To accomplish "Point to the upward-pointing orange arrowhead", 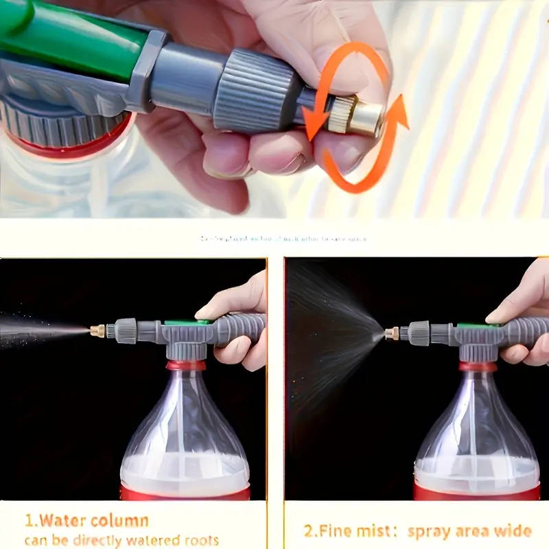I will [x=398, y=110].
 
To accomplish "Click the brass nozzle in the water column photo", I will [x=97, y=330].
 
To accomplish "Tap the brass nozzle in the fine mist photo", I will [x=391, y=334].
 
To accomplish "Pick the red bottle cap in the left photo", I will [x=185, y=365].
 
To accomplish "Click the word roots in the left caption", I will [x=200, y=540].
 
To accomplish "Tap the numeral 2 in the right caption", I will [x=310, y=531].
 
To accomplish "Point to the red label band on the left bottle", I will [x=185, y=491].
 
